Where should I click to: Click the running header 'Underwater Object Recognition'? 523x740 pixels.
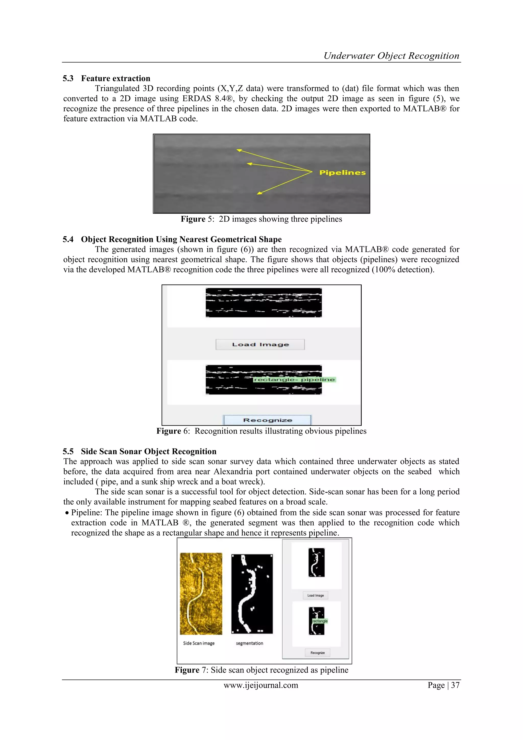391,56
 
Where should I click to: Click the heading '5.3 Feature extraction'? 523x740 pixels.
106,78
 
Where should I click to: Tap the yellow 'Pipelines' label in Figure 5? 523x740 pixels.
342,173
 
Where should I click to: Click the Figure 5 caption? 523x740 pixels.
261,219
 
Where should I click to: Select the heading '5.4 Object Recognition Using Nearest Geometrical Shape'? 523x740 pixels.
172,239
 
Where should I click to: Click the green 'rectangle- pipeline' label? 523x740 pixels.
294,380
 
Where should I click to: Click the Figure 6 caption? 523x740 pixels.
261,431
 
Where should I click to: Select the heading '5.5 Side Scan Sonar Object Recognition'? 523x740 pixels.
139,451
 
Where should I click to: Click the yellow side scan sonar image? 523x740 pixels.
201,593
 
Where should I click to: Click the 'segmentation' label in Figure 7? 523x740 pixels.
249,643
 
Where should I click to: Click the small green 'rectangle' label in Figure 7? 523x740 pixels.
320,621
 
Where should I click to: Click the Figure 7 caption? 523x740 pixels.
261,670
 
